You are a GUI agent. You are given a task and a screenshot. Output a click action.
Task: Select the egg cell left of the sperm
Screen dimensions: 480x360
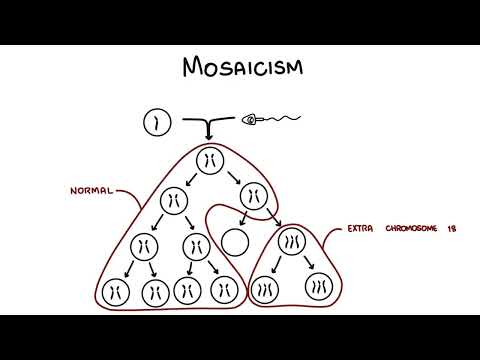[152, 124]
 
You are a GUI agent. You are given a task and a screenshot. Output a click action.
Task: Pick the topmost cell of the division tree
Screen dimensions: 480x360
[210, 160]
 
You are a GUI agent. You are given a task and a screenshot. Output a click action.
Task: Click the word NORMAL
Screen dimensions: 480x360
[92, 191]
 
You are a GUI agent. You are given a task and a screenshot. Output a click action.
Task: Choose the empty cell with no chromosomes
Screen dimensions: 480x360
[235, 241]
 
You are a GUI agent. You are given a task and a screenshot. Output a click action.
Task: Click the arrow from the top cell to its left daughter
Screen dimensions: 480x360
[191, 180]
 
